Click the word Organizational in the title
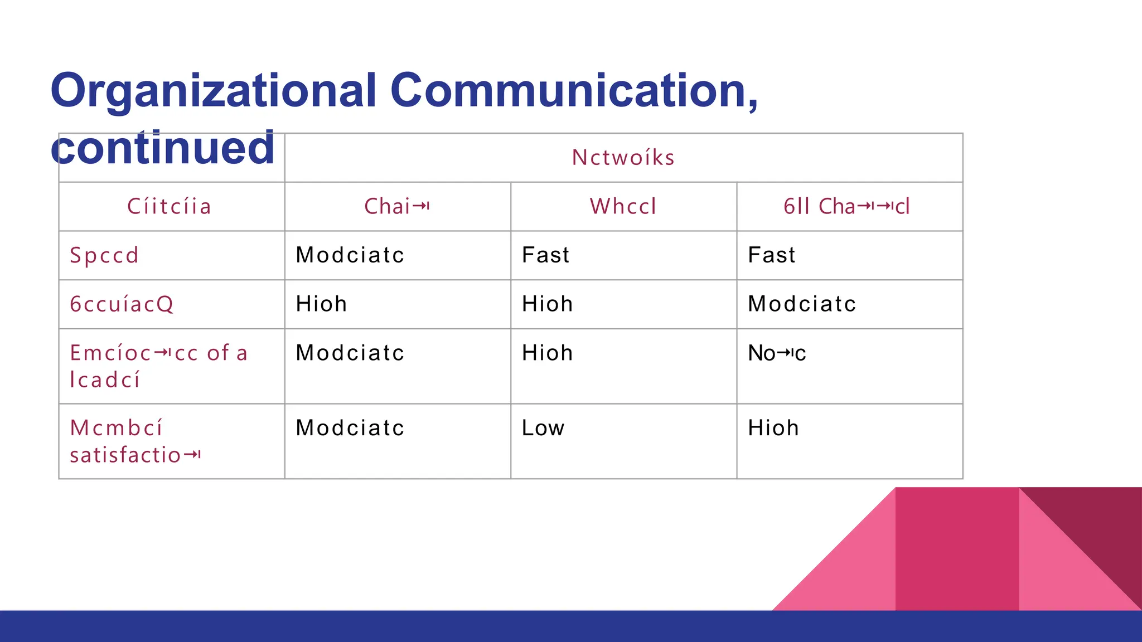(x=214, y=91)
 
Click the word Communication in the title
(x=573, y=90)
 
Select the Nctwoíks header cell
(x=623, y=158)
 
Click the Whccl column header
(x=623, y=207)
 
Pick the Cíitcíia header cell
(x=170, y=207)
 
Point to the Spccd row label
(x=104, y=255)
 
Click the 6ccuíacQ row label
(x=122, y=304)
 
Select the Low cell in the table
(x=543, y=428)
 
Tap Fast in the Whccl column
(x=545, y=255)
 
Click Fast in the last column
(x=772, y=255)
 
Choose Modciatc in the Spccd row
(x=350, y=255)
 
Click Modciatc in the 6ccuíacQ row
(x=801, y=304)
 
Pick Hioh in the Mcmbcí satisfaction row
(x=773, y=428)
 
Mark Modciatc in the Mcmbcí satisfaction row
(x=350, y=428)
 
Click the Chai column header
(x=396, y=207)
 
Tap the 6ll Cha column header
(x=846, y=207)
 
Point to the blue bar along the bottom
(x=571, y=626)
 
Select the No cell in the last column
(x=777, y=353)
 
